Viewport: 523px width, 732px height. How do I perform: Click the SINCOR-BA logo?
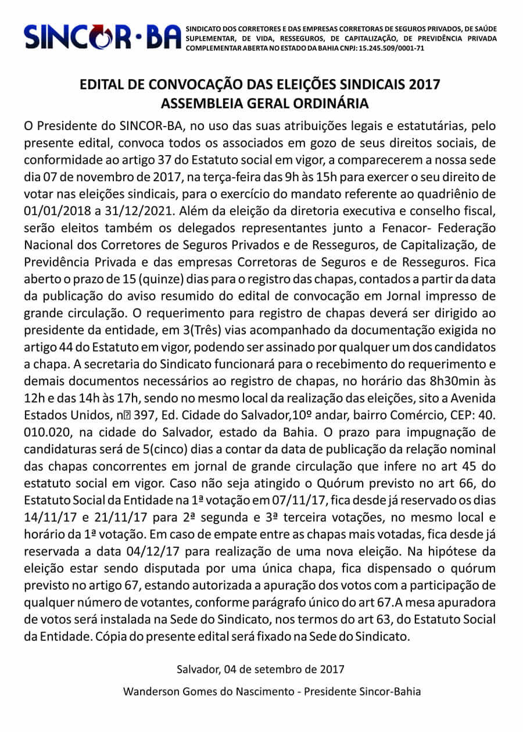click(102, 37)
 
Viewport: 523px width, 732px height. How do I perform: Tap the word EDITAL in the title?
click(103, 85)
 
